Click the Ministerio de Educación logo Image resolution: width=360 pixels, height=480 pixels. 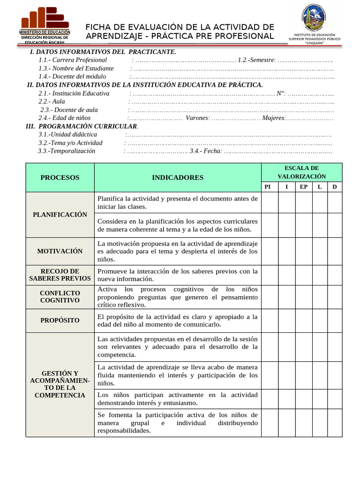pos(45,26)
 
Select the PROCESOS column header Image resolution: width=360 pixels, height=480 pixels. pos(60,178)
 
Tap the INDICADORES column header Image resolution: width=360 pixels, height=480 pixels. pos(178,178)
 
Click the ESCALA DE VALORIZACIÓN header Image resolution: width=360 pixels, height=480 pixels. pos(301,172)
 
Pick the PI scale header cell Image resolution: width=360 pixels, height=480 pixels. pos(268,187)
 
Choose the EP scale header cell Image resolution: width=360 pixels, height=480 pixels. pos(304,187)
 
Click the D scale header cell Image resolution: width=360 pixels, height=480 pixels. pos(334,187)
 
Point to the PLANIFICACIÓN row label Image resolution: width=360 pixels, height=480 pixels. pos(60,215)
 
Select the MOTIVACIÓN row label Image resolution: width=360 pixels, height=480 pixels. pos(60,251)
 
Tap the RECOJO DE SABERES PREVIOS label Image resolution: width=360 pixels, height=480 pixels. pos(60,275)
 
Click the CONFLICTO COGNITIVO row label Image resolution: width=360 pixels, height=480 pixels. pos(60,297)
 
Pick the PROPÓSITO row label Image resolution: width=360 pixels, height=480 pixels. pos(60,321)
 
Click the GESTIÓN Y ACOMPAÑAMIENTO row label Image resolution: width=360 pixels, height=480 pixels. pos(60,384)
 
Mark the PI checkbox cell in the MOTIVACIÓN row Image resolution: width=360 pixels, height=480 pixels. pos(269,251)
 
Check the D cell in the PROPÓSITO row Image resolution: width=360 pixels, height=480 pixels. pos(335,321)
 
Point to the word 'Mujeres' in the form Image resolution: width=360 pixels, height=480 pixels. pos(273,118)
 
